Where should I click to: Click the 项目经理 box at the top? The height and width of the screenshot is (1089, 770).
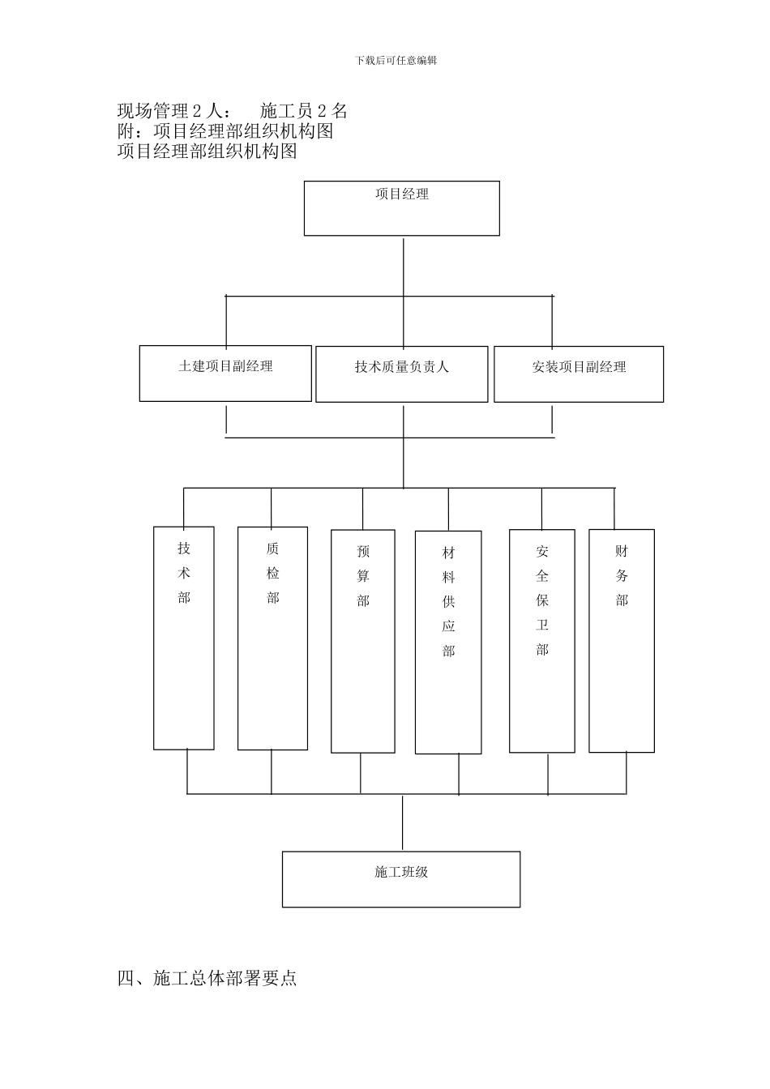click(401, 208)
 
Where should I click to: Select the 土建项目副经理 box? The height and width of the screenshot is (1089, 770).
click(225, 373)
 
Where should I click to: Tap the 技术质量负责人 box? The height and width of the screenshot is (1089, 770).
click(401, 374)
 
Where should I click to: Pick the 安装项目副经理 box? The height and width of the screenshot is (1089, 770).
click(579, 374)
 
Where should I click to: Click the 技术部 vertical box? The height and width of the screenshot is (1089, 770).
click(184, 638)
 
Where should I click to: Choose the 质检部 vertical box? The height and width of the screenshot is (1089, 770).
click(272, 638)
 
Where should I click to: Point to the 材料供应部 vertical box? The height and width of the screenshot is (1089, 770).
click(448, 642)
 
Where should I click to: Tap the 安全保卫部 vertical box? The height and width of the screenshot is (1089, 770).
click(541, 640)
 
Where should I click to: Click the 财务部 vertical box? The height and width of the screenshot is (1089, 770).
click(622, 640)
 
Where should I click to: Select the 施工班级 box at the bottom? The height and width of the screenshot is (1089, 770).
click(401, 879)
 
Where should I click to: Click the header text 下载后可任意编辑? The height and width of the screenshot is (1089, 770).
click(396, 61)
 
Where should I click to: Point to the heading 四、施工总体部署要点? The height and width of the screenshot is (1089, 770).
click(207, 978)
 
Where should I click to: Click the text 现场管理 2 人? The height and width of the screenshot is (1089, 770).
click(173, 111)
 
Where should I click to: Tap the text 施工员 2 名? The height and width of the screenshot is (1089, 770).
click(304, 111)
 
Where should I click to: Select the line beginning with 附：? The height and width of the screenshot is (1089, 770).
click(225, 131)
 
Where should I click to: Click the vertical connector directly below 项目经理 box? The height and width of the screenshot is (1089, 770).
click(403, 265)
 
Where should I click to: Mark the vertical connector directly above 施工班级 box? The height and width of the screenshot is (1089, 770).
click(403, 822)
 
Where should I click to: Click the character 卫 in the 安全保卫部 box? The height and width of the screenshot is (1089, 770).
click(541, 625)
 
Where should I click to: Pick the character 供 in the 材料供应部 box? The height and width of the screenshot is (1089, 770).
click(448, 602)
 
